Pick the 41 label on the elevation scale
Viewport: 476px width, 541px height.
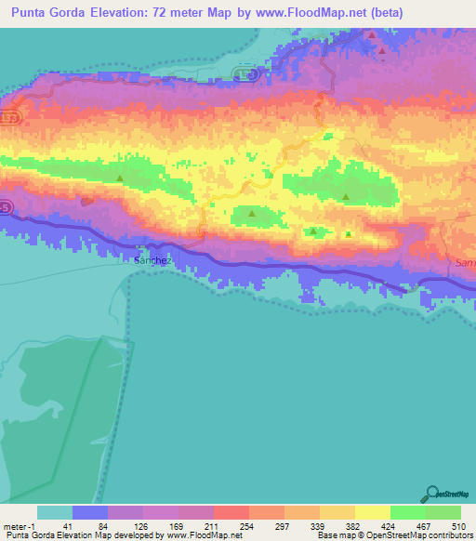click(x=55, y=525)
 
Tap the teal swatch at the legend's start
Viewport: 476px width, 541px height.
click(x=55, y=512)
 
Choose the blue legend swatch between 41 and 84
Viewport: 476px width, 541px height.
click(x=90, y=512)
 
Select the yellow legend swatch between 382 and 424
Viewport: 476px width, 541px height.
click(x=372, y=512)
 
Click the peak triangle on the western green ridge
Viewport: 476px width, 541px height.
click(x=119, y=177)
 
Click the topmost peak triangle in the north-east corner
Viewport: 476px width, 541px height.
click(x=372, y=35)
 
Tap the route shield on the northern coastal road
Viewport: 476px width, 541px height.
click(x=244, y=73)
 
